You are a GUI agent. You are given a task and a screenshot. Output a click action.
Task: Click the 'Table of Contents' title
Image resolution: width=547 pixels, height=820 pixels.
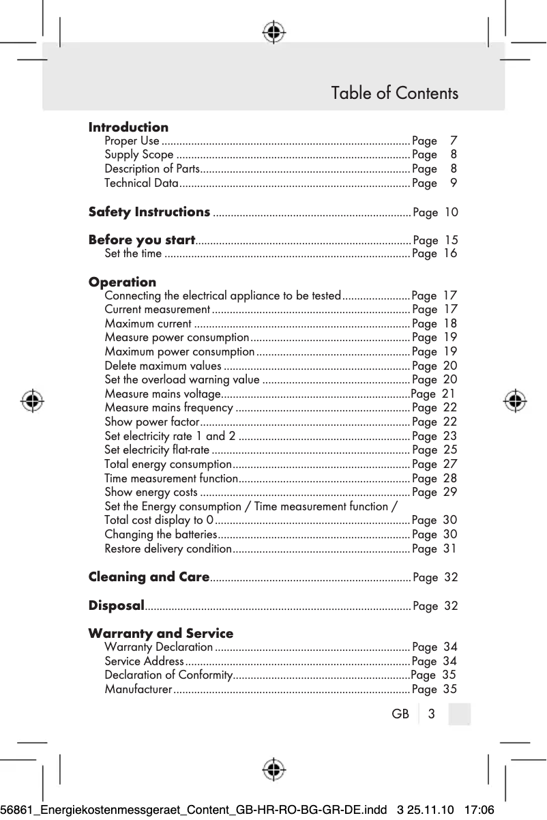tap(394, 93)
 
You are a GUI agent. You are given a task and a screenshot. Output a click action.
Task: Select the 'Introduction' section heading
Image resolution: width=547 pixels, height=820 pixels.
tap(128, 127)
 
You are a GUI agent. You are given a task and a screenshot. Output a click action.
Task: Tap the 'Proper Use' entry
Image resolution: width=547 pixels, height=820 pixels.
tap(132, 141)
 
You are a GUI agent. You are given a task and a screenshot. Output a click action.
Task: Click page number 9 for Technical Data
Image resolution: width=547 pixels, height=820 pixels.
tap(454, 183)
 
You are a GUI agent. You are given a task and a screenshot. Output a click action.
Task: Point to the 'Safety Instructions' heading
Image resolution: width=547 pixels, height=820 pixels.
tap(149, 211)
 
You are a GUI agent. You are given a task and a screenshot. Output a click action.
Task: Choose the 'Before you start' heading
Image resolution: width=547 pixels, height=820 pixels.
tap(142, 239)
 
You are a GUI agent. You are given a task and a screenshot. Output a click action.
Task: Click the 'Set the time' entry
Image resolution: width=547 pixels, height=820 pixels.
tap(134, 254)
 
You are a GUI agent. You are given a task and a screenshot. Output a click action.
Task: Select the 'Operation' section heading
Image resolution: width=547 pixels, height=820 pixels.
tap(122, 282)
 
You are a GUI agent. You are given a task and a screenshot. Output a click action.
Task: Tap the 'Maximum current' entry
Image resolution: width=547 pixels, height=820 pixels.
tap(148, 323)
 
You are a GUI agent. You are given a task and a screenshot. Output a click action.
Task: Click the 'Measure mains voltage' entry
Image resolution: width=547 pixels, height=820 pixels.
tap(162, 394)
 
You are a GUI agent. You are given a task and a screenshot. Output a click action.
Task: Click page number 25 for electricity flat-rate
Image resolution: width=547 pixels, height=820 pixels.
tap(450, 450)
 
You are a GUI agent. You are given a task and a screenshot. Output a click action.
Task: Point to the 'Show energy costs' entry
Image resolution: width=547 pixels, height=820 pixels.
tap(151, 492)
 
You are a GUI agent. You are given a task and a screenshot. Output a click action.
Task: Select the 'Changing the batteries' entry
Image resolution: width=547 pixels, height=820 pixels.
tap(161, 534)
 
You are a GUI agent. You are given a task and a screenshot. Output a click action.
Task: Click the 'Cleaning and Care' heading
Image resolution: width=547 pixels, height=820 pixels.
tap(149, 576)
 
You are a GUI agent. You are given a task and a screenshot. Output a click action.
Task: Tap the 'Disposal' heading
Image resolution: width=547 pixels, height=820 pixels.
tap(116, 605)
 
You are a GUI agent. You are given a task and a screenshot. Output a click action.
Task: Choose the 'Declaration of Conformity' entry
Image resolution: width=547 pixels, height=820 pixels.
tap(168, 675)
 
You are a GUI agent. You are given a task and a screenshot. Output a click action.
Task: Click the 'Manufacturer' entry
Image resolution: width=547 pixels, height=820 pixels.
tap(138, 689)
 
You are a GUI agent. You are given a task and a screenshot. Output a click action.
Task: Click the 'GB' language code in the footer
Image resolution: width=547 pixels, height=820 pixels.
tap(400, 714)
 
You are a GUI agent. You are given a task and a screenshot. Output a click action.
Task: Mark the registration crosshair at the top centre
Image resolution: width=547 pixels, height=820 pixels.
tap(273, 31)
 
